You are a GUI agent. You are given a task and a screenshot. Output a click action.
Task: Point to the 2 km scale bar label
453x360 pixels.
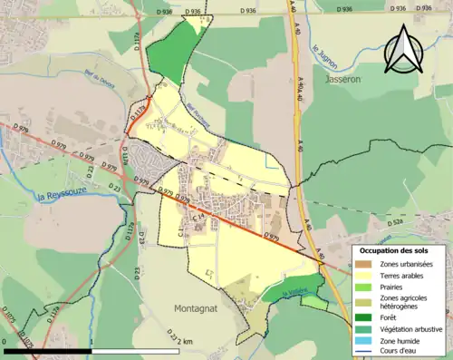tap(185, 341)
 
